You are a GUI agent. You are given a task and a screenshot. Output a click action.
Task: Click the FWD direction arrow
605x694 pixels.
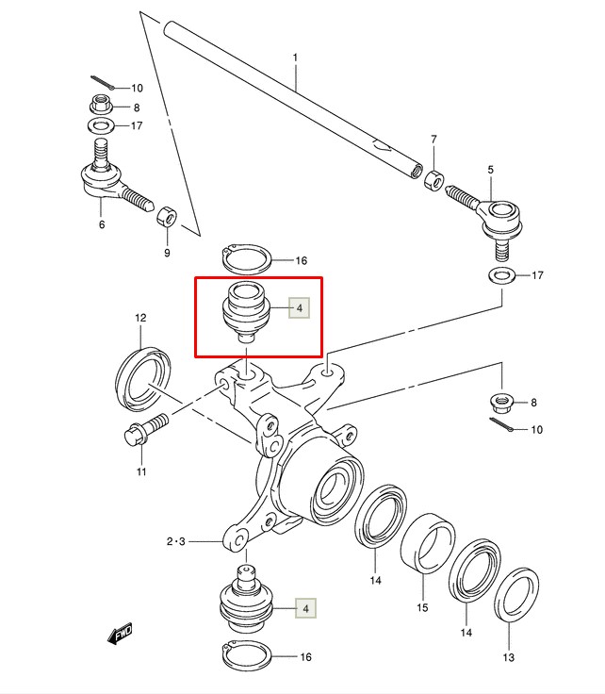pyautogui.click(x=120, y=635)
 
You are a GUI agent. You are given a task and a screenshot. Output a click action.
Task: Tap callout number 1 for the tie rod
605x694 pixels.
pyautogui.click(x=295, y=58)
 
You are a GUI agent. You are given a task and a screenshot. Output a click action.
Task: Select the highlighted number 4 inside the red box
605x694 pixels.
pyautogui.click(x=300, y=307)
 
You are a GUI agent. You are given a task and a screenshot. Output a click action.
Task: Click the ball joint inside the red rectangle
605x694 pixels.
pyautogui.click(x=246, y=311)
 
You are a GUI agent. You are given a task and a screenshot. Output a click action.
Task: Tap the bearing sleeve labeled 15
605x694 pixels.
pyautogui.click(x=428, y=543)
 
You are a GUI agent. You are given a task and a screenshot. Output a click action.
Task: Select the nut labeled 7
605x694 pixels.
pyautogui.click(x=434, y=181)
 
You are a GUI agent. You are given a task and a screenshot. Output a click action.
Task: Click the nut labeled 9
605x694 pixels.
pyautogui.click(x=167, y=217)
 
